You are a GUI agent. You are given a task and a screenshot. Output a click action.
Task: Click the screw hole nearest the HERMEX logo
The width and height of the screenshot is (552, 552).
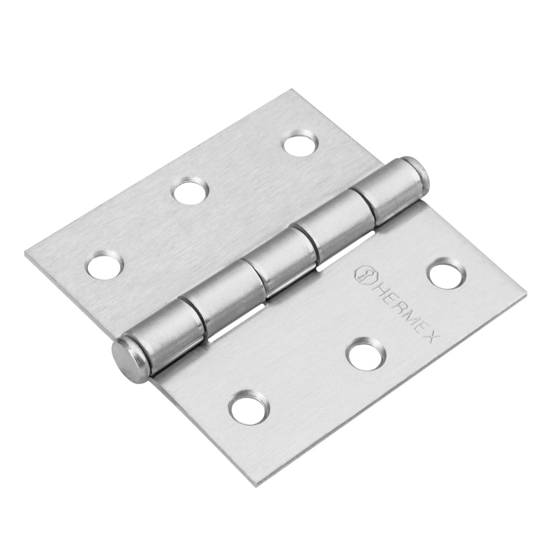445,273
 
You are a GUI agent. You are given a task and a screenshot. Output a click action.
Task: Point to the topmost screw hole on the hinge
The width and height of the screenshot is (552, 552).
300,144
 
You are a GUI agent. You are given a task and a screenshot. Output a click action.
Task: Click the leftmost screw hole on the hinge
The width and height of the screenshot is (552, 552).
105,265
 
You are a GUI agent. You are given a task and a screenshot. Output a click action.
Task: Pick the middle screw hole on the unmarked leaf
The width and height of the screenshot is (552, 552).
191,191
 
